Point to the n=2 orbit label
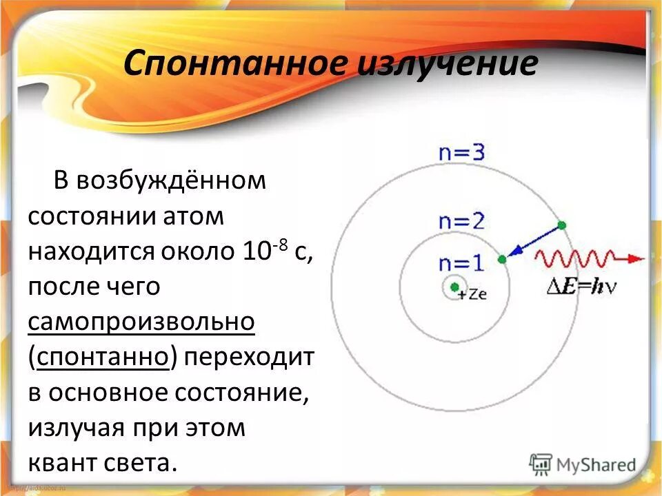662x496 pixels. [x=461, y=221]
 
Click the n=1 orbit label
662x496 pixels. [x=461, y=262]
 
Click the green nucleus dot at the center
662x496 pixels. [x=454, y=287]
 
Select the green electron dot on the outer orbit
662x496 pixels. [x=561, y=225]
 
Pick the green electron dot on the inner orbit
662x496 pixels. [x=501, y=259]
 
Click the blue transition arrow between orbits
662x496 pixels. [x=532, y=241]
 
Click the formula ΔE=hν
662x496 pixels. [x=577, y=287]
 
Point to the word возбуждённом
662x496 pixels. [x=170, y=181]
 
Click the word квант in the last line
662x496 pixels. [x=66, y=462]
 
